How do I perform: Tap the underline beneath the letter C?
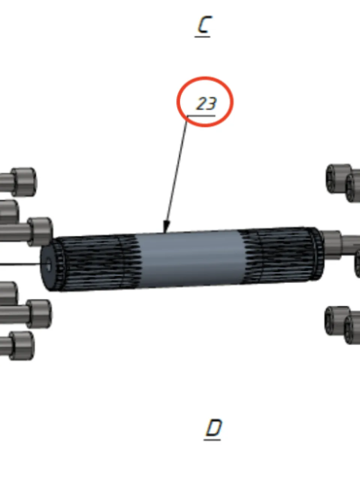tap(202, 36)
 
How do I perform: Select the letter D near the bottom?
tap(214, 427)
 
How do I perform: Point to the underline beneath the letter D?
tap(212, 439)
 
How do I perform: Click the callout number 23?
tap(206, 103)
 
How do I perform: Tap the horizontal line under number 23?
tap(201, 115)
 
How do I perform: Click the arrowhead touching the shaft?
tap(166, 227)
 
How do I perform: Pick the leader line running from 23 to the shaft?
tap(176, 173)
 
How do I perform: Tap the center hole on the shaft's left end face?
tap(48, 265)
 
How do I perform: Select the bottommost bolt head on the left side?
tap(22, 346)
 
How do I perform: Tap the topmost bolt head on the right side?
tap(338, 178)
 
